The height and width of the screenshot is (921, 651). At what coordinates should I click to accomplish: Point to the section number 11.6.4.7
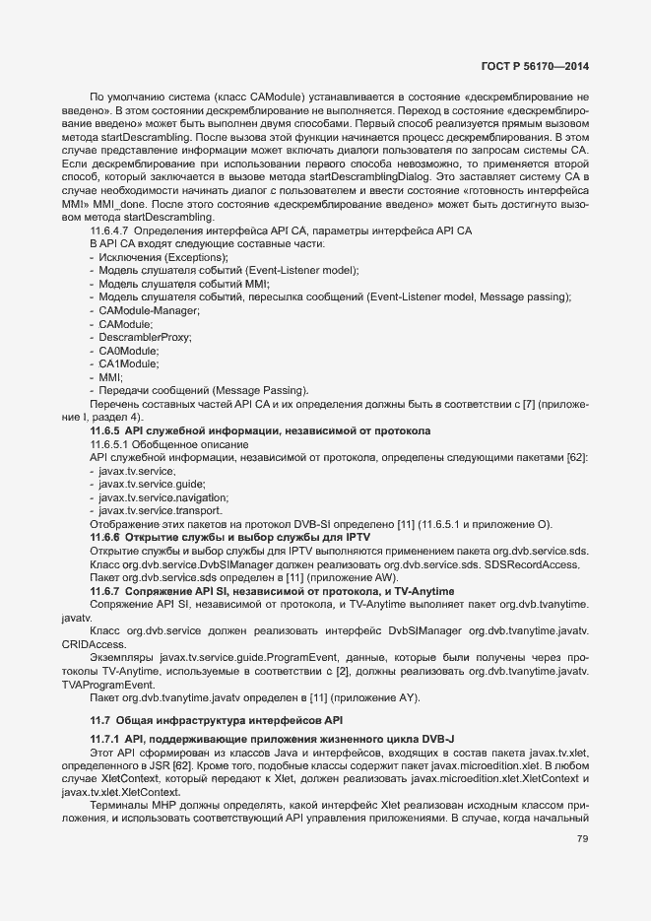click(113, 230)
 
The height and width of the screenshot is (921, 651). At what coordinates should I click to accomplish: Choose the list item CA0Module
click(129, 351)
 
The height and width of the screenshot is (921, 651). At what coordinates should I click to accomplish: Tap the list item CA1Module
click(129, 363)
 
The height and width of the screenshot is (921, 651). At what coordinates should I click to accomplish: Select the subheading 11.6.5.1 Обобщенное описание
click(155, 444)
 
